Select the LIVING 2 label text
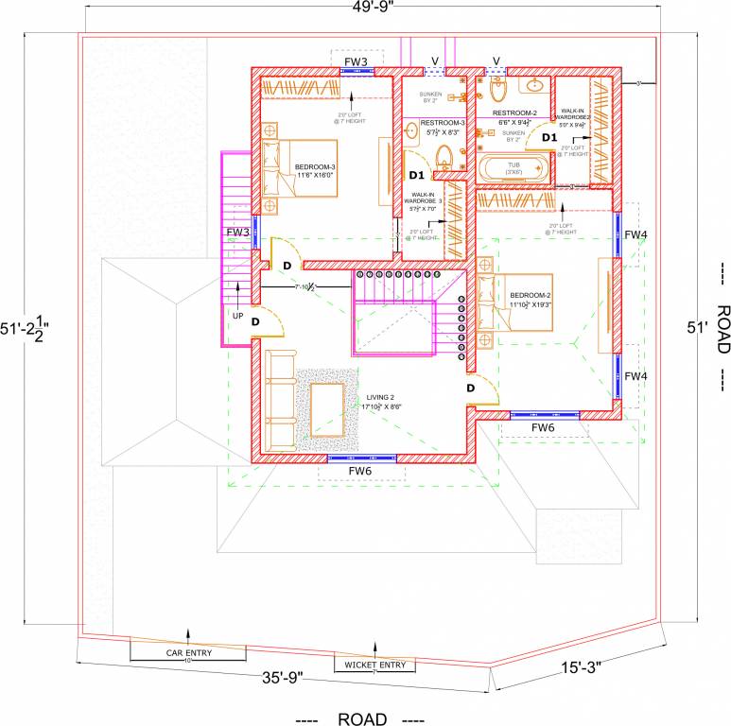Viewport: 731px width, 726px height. click(x=381, y=403)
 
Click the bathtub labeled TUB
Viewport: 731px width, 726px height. click(x=513, y=170)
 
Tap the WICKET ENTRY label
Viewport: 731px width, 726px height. click(x=374, y=665)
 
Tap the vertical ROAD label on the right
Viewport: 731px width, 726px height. click(x=722, y=328)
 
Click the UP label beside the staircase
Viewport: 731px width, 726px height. click(x=237, y=316)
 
